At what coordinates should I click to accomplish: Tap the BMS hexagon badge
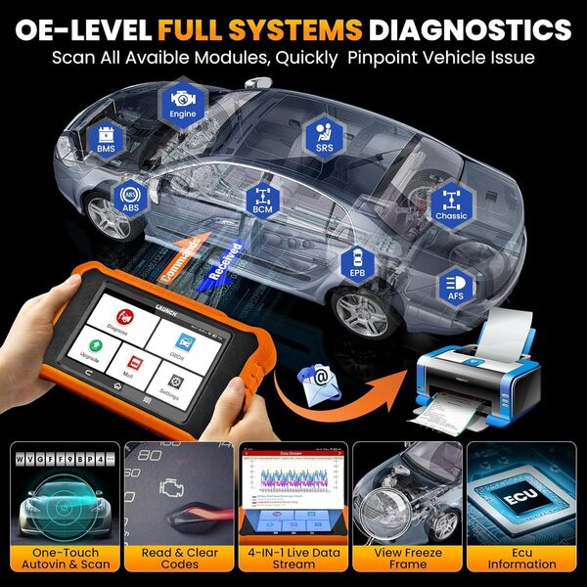[x=106, y=138]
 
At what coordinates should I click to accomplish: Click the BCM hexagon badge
[x=262, y=201]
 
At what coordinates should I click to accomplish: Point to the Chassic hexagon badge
[x=451, y=204]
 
